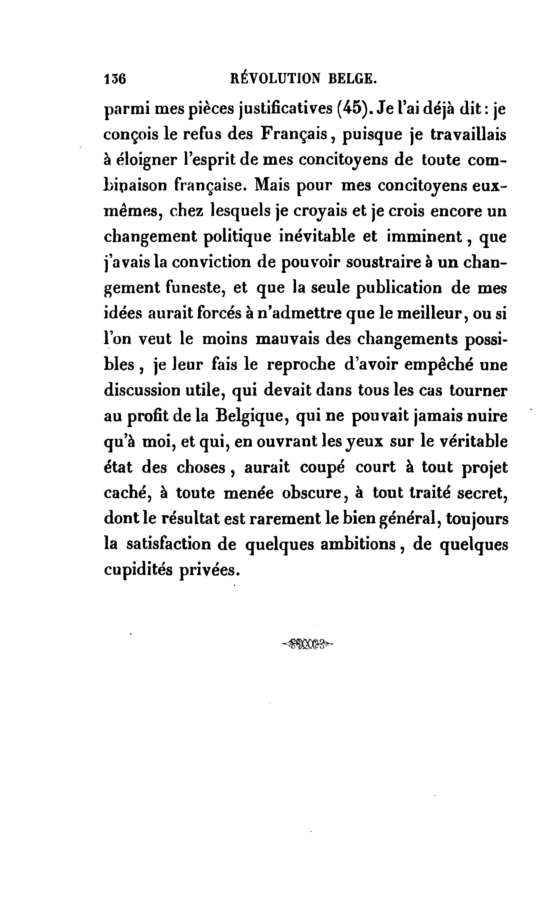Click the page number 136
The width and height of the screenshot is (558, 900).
115,79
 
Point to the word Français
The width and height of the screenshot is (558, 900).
294,134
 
